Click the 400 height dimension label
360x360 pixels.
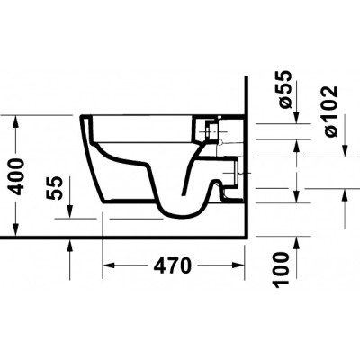[x=16, y=177]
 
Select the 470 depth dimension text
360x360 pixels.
[x=172, y=265]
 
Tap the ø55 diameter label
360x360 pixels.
[x=284, y=89]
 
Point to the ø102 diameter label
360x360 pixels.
[x=330, y=112]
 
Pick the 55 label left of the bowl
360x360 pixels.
[x=54, y=188]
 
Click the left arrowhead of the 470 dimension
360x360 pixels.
[x=109, y=265]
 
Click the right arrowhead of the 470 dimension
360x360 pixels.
[x=238, y=265]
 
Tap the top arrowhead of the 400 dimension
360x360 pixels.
[x=15, y=121]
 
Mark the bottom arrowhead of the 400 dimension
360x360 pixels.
[x=15, y=230]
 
